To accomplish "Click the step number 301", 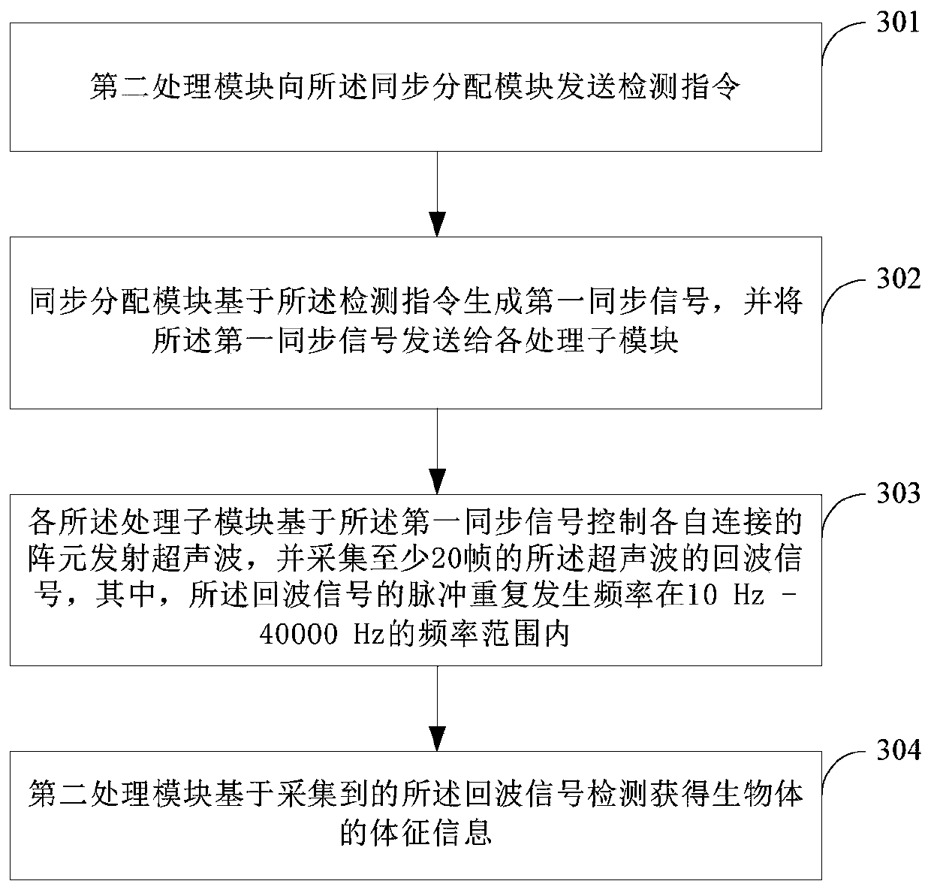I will point(897,23).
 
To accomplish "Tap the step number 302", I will point(899,279).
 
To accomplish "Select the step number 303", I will point(899,493).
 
